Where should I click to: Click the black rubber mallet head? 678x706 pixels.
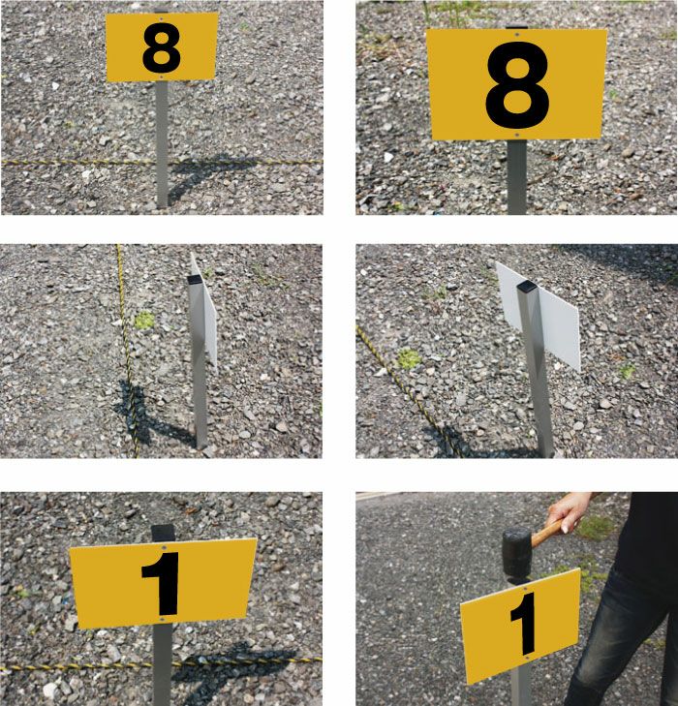pyautogui.click(x=518, y=552)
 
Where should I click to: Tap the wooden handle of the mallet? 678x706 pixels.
pyautogui.click(x=547, y=534)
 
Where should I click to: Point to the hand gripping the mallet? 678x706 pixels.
pyautogui.click(x=569, y=511)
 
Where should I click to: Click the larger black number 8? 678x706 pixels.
pyautogui.click(x=517, y=85)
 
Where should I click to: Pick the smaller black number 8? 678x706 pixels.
pyautogui.click(x=162, y=48)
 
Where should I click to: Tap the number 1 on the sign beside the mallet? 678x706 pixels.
pyautogui.click(x=524, y=623)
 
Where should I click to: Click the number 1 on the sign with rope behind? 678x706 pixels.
pyautogui.click(x=162, y=584)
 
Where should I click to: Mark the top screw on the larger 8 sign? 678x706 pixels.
pyautogui.click(x=516, y=35)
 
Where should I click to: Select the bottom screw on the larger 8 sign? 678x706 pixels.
pyautogui.click(x=517, y=135)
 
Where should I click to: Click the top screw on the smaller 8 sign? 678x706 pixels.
pyautogui.click(x=161, y=19)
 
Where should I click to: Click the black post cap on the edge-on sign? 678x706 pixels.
pyautogui.click(x=195, y=280)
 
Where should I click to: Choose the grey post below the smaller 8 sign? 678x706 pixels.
pyautogui.click(x=162, y=144)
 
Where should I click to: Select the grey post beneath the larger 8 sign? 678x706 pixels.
pyautogui.click(x=517, y=177)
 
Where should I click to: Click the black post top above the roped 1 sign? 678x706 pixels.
pyautogui.click(x=163, y=533)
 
